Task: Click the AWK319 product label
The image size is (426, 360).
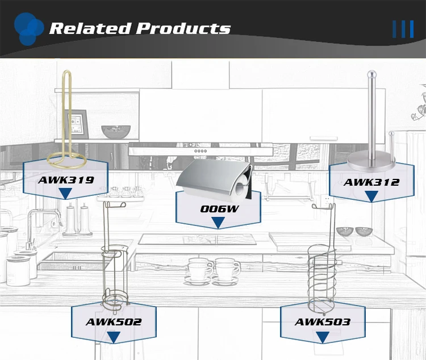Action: pyautogui.click(x=65, y=180)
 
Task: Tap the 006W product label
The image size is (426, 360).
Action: pyautogui.click(x=219, y=208)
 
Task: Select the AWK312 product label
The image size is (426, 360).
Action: pyautogui.click(x=371, y=182)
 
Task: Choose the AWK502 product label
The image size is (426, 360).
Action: pyautogui.click(x=114, y=322)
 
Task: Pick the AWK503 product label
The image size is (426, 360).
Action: pyautogui.click(x=322, y=322)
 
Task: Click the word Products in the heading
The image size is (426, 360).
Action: pyautogui.click(x=183, y=28)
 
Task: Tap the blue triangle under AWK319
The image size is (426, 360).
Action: pyautogui.click(x=65, y=194)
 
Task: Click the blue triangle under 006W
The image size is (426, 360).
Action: pyautogui.click(x=219, y=222)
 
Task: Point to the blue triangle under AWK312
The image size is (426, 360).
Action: pyautogui.click(x=371, y=196)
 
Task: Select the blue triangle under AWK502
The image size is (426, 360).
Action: pyautogui.click(x=114, y=337)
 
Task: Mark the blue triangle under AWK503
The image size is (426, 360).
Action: pyautogui.click(x=322, y=337)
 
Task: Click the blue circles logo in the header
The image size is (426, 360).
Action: pyautogui.click(x=28, y=27)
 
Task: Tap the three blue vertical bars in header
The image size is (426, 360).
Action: pyautogui.click(x=403, y=29)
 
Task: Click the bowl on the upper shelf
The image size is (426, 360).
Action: pyautogui.click(x=116, y=132)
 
